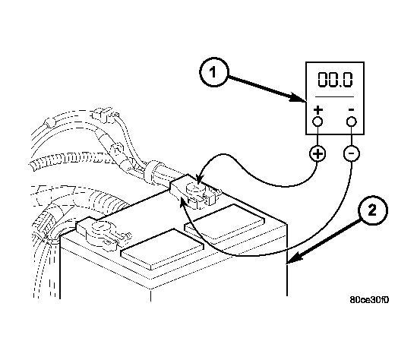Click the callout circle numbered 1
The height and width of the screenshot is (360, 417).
click(x=214, y=72)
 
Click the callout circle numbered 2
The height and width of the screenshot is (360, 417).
click(x=373, y=210)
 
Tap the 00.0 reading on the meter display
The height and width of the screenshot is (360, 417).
click(x=335, y=80)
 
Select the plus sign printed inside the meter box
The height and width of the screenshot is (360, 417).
click(x=317, y=110)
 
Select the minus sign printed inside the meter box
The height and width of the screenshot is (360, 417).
click(x=351, y=109)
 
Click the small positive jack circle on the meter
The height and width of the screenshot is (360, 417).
click(x=317, y=122)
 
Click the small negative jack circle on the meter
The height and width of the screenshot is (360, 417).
click(x=352, y=122)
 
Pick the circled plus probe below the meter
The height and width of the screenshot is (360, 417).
click(x=317, y=153)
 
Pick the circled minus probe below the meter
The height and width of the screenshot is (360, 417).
click(x=352, y=153)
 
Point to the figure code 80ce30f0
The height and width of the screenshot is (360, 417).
click(x=369, y=300)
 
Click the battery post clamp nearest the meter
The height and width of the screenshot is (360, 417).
click(x=195, y=192)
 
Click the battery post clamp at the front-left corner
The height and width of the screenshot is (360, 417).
click(x=103, y=233)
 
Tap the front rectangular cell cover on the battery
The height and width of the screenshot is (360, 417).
click(x=163, y=249)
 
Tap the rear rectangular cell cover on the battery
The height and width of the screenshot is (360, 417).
click(x=225, y=223)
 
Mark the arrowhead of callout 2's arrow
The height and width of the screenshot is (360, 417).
click(x=294, y=257)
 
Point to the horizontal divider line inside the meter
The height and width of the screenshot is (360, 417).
click(x=334, y=96)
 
